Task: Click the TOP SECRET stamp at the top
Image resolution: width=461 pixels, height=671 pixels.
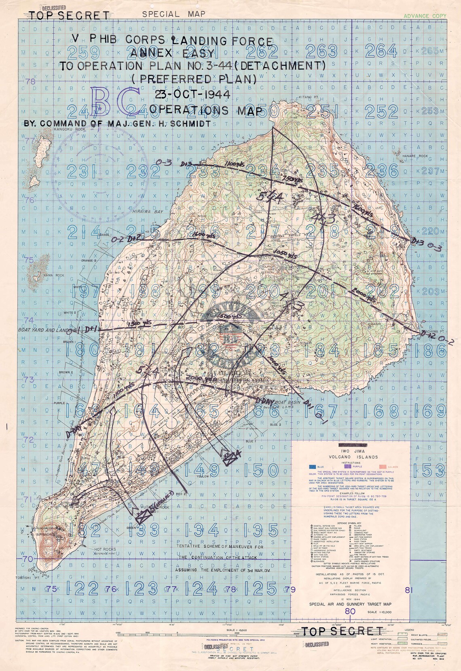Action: [x=70, y=15]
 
